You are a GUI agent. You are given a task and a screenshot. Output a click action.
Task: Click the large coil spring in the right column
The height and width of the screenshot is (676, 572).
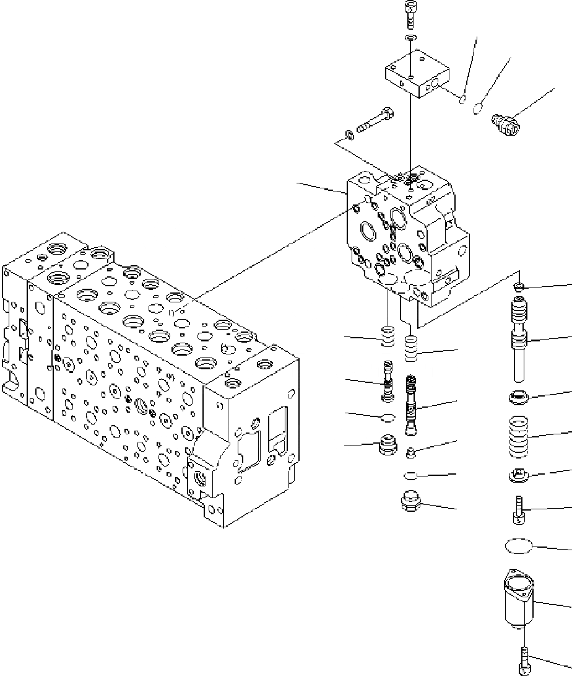coord(519,437)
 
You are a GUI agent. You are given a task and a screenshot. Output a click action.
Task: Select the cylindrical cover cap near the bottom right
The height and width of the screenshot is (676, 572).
coord(518,600)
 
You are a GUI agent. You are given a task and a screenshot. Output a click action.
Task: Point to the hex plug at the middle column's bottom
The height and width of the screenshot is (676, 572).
coord(410,501)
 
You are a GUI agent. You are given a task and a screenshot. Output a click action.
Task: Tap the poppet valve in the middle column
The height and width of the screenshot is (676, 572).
coord(410,406)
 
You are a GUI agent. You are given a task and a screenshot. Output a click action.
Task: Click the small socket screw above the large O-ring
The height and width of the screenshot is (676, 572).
coord(519,509)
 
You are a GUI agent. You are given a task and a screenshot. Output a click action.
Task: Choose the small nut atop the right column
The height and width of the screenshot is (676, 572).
coord(520,286)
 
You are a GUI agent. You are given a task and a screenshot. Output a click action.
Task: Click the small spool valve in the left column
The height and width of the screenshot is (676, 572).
coord(388,380)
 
